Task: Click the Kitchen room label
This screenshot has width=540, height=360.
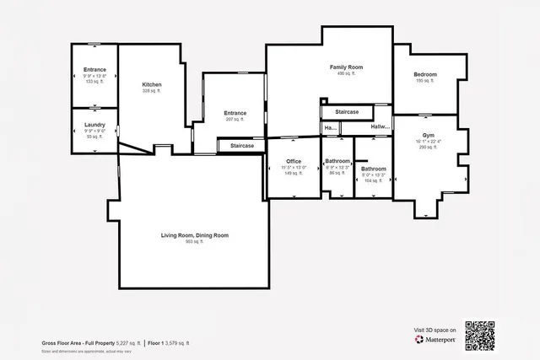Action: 152,85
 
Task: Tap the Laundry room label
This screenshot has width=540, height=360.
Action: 94,125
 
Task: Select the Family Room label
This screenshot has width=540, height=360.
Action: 346,67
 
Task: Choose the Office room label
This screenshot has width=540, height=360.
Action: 294,161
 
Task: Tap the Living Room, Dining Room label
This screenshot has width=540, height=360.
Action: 195,235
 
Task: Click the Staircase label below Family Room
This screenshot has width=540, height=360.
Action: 347,112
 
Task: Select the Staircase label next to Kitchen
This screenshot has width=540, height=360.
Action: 242,146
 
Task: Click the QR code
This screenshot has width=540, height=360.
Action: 480,336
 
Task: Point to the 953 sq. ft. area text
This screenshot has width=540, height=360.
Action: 195,242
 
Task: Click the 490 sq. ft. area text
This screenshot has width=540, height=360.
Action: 347,74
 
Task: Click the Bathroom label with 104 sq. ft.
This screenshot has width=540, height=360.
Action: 373,169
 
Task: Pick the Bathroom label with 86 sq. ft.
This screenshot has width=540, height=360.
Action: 337,161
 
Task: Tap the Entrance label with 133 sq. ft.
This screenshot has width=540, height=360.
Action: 94,69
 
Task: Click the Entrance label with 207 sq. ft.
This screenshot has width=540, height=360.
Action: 235,113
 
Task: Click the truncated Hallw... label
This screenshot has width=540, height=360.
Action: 381,127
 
